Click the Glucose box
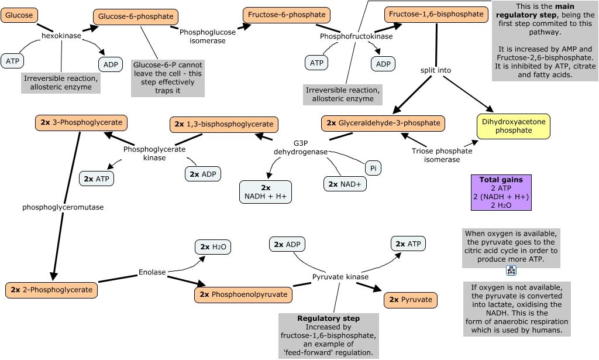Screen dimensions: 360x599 19,15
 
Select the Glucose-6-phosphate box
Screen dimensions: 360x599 136,17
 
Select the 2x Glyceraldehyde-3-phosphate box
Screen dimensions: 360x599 383,123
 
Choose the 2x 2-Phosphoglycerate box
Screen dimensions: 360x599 51,289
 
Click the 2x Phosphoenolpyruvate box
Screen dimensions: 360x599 243,294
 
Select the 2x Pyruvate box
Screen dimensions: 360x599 410,300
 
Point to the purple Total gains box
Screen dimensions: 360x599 501,193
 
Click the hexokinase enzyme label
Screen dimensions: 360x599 61,36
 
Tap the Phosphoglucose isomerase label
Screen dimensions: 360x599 202,36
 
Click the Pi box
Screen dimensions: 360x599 373,168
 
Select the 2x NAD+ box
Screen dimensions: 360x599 345,184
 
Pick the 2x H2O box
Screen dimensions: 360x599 212,247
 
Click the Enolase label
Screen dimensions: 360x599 152,272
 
